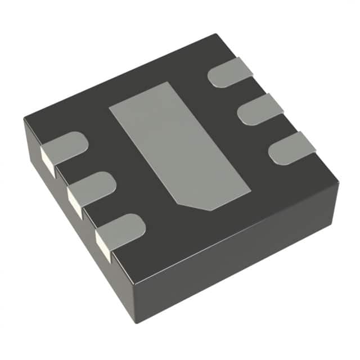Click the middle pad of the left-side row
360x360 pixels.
[93, 187]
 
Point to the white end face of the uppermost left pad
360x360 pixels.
[49, 161]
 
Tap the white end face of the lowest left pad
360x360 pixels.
[103, 245]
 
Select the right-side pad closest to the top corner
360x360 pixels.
[230, 73]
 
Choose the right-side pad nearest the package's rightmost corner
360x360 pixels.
[292, 148]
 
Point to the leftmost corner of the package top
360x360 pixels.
[24, 119]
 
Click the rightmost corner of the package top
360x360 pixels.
[339, 182]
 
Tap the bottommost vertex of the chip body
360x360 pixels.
[135, 323]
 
